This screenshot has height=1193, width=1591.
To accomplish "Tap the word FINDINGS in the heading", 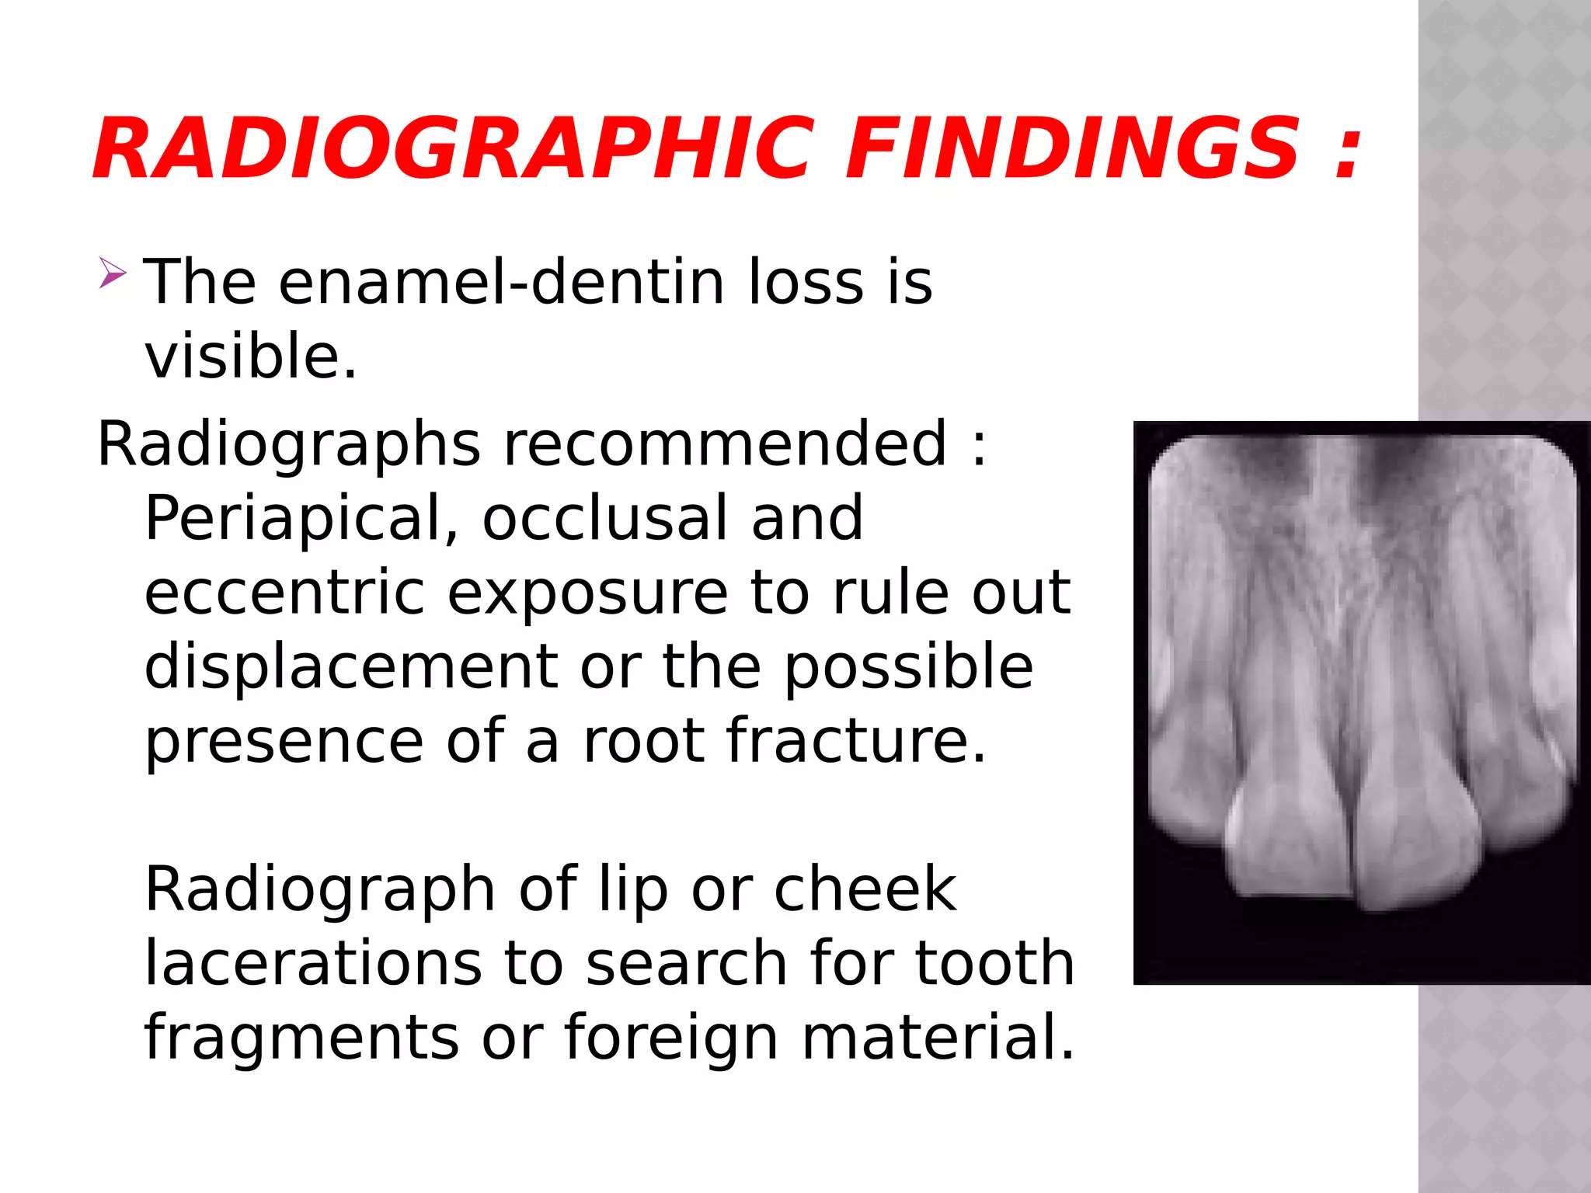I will click(x=1073, y=148).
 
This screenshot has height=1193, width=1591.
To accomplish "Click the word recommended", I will click(x=726, y=443).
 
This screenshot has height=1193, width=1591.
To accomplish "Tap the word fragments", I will click(x=301, y=1038).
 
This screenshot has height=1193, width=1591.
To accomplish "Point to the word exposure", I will click(x=587, y=594).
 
